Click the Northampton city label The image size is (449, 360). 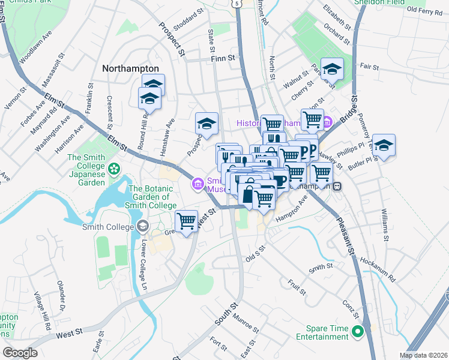pos(130,68)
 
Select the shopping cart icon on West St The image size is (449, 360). pos(187,221)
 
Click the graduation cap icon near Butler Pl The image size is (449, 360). pos(384,145)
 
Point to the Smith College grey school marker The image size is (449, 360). pos(142,226)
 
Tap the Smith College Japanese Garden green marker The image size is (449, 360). pos(113,168)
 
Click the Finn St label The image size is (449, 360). pos(225,58)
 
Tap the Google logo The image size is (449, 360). pos(20,352)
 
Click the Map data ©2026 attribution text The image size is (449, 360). pos(423,355)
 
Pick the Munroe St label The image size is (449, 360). pos(245,322)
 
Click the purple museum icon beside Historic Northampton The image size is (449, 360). pos(328,123)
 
